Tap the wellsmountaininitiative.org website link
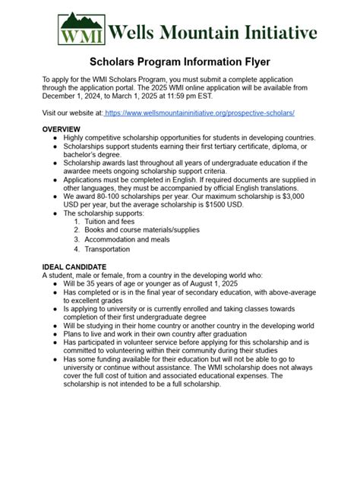[x=200, y=112]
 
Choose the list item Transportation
[x=107, y=248]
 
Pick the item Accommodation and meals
[x=128, y=239]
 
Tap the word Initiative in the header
[x=280, y=32]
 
